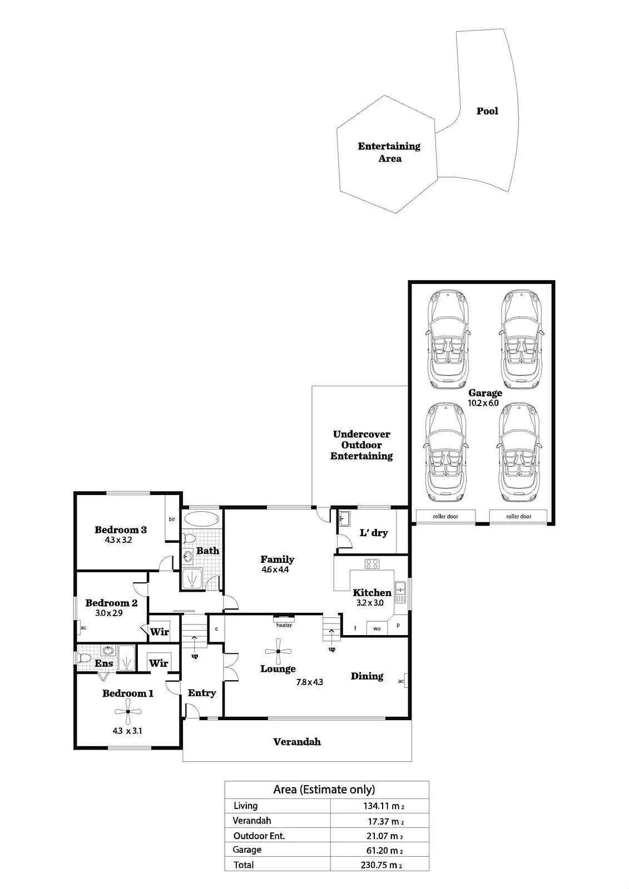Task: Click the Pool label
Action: pos(487,111)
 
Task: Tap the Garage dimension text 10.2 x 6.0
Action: pos(483,403)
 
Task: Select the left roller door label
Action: pos(445,517)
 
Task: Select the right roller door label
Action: pos(518,517)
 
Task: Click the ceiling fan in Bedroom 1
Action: pos(128,711)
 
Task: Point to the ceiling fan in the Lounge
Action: pos(278,653)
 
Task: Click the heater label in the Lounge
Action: pos(284,625)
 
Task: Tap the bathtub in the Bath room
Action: pos(201,519)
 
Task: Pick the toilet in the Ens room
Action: pos(83,658)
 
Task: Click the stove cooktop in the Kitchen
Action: pos(372,564)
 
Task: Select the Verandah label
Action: pos(297,742)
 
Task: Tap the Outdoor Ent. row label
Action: pos(259,836)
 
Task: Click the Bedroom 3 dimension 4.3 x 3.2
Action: pos(118,540)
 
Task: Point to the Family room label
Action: pos(278,560)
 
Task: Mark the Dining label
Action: pos(367,676)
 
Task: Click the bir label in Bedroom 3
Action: pos(172,519)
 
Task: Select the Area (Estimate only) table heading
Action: pos(324,790)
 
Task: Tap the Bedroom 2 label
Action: pos(111,603)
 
